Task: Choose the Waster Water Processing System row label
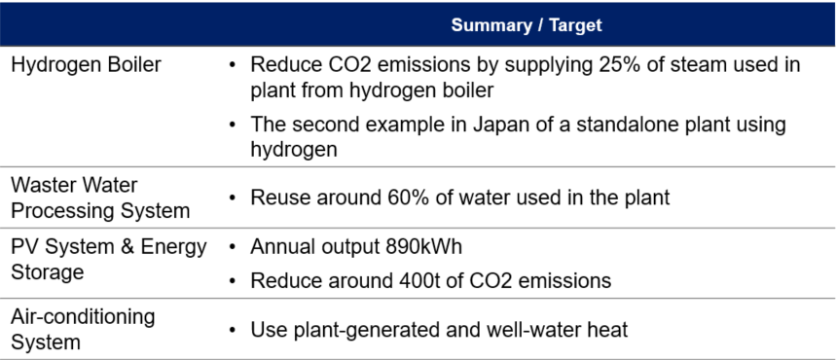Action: coord(100,198)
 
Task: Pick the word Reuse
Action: coord(280,198)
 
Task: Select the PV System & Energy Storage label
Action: coord(108,258)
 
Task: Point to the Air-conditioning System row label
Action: coord(83,329)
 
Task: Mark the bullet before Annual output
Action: coord(232,247)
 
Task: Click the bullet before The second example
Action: coord(232,126)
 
